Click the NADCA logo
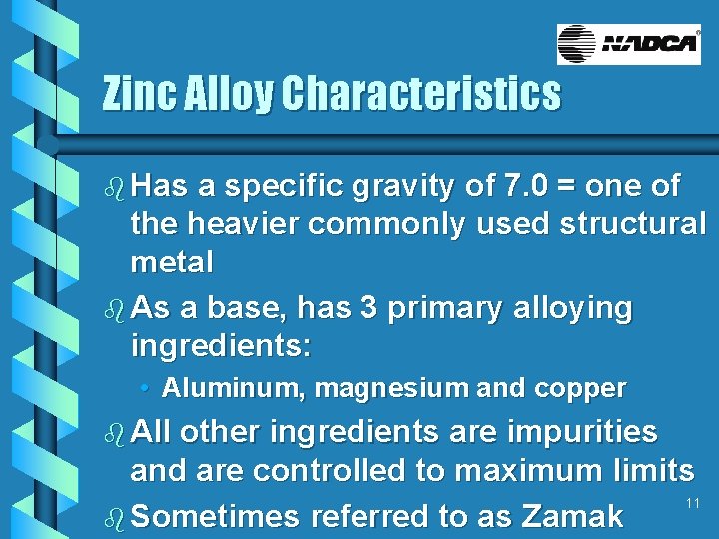(629, 45)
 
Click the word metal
(172, 263)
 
